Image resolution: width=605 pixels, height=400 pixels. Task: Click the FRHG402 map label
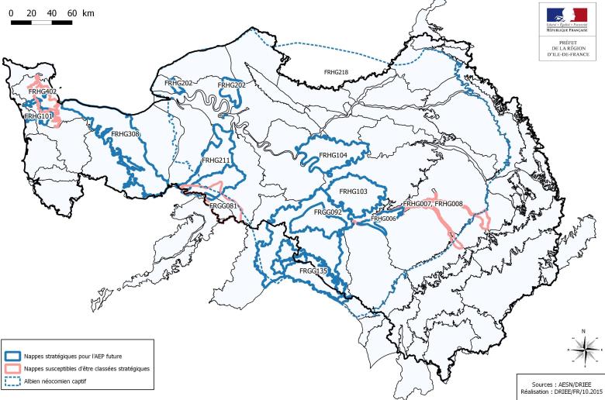tap(42, 92)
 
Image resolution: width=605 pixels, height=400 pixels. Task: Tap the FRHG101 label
tap(38, 116)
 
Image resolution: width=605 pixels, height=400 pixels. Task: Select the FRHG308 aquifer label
tap(125, 134)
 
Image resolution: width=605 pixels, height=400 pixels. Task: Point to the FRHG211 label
tap(216, 160)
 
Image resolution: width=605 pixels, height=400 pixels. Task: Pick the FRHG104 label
tap(332, 155)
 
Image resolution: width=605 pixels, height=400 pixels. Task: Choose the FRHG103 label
tap(352, 191)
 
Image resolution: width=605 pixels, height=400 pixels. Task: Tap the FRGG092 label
tap(328, 211)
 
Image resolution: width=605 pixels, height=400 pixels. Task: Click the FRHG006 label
tap(384, 219)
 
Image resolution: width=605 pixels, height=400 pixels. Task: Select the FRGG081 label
tap(223, 206)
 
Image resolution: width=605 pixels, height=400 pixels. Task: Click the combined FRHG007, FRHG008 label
tap(433, 204)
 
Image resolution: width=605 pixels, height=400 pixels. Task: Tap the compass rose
tap(582, 350)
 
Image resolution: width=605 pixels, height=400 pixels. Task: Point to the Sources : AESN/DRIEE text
tap(560, 383)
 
